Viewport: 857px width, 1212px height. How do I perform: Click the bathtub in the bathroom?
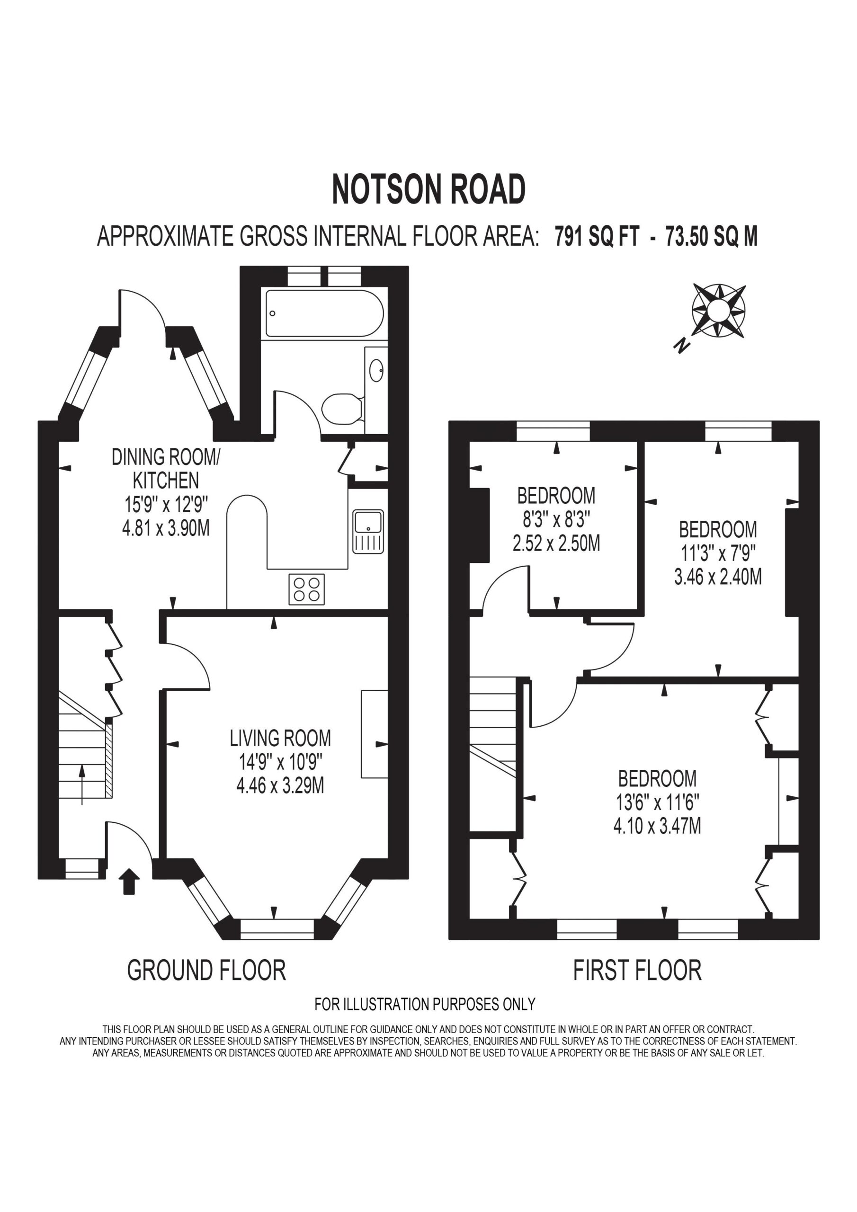[x=324, y=313]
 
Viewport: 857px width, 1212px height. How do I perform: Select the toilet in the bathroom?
[x=342, y=409]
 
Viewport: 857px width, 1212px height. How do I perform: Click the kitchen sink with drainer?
[x=368, y=531]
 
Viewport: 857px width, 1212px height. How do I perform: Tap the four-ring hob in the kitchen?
[x=306, y=589]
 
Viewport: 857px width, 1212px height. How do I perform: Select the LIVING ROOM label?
[x=280, y=738]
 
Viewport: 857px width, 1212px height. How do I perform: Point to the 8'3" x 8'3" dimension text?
[x=556, y=519]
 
